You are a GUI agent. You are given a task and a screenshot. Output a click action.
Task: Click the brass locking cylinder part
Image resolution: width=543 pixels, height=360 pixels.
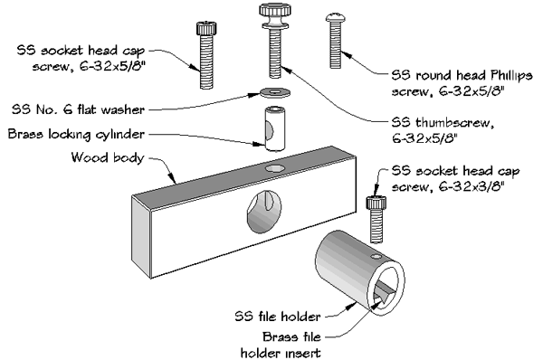[x=272, y=128]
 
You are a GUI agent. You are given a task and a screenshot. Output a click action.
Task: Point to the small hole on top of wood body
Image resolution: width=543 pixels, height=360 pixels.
[x=272, y=169]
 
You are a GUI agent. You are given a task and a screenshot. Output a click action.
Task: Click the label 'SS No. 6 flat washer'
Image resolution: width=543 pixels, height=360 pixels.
[x=76, y=109]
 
